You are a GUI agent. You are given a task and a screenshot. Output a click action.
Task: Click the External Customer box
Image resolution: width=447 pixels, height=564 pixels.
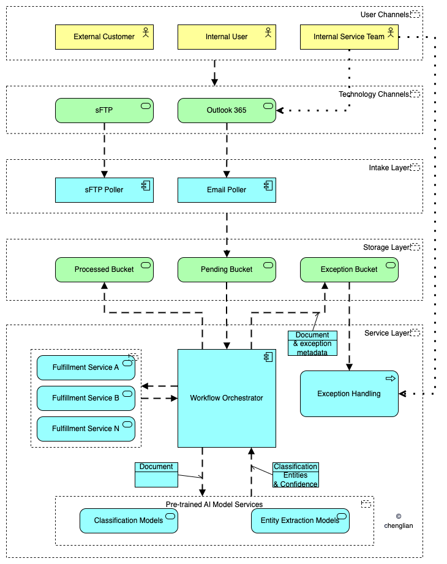tap(104, 37)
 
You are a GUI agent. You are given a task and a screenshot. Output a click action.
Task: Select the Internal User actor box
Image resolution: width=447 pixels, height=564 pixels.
tap(227, 37)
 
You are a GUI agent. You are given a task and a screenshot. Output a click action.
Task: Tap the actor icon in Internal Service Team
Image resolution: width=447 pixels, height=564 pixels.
tap(391, 32)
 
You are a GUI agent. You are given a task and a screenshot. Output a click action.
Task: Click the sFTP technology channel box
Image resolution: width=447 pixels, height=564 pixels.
tap(104, 110)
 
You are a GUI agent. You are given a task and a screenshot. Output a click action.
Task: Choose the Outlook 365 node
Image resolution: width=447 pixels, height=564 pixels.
tap(227, 110)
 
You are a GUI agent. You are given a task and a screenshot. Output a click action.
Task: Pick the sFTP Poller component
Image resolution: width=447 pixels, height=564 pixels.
tap(104, 190)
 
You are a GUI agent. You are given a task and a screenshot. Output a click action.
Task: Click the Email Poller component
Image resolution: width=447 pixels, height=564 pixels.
tap(227, 190)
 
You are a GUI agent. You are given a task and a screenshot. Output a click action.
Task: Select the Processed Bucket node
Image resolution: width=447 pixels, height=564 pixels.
tap(104, 270)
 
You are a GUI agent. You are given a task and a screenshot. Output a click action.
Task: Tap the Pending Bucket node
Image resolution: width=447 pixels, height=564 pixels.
tap(227, 270)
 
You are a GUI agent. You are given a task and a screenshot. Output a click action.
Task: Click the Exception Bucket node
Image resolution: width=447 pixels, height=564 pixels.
tap(349, 270)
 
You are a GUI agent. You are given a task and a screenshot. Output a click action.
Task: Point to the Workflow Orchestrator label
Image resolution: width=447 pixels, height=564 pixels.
tap(227, 398)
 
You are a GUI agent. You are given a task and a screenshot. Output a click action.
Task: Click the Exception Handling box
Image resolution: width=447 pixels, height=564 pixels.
tap(349, 394)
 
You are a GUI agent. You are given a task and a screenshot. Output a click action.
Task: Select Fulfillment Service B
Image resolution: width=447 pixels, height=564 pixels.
tap(86, 398)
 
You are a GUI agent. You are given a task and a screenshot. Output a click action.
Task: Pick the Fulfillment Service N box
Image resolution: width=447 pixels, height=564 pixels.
tap(86, 429)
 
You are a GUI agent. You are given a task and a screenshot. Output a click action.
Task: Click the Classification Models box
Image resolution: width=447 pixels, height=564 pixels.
tap(129, 521)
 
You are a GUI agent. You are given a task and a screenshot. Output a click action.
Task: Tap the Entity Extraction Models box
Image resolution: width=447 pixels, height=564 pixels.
tap(300, 521)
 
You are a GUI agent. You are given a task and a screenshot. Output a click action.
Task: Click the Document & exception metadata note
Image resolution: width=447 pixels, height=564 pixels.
tap(312, 344)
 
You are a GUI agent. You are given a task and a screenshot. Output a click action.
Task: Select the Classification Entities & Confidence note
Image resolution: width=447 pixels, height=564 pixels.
tap(296, 475)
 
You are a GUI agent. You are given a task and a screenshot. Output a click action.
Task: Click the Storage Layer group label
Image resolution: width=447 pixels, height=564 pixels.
tap(386, 247)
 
